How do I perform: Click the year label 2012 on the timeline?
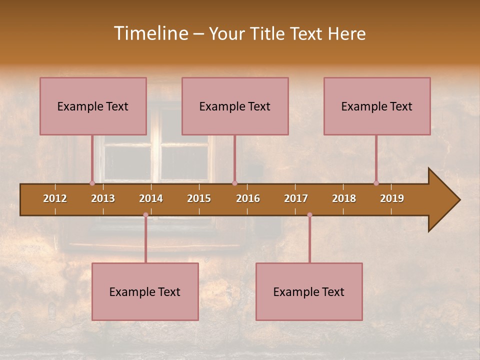coord(55,198)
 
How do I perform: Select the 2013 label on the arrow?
coord(103,198)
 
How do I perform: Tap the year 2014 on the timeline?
coord(151,198)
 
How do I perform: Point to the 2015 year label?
coord(199,198)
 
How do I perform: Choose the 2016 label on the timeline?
coord(248,198)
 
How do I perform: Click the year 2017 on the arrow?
coord(296,198)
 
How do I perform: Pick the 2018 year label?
coord(344,198)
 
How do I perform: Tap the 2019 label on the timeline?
coord(392,198)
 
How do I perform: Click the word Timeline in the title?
coord(150,33)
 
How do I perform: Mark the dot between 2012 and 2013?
coord(92,183)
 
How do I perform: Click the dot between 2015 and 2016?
coord(234,183)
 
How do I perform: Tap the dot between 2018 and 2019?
coord(376,183)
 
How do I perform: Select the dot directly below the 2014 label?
coord(145,215)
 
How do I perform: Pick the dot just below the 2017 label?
coord(309,215)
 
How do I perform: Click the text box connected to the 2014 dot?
coord(145,291)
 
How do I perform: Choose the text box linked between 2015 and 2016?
coord(235,106)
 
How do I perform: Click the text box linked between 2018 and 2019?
coord(377,106)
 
